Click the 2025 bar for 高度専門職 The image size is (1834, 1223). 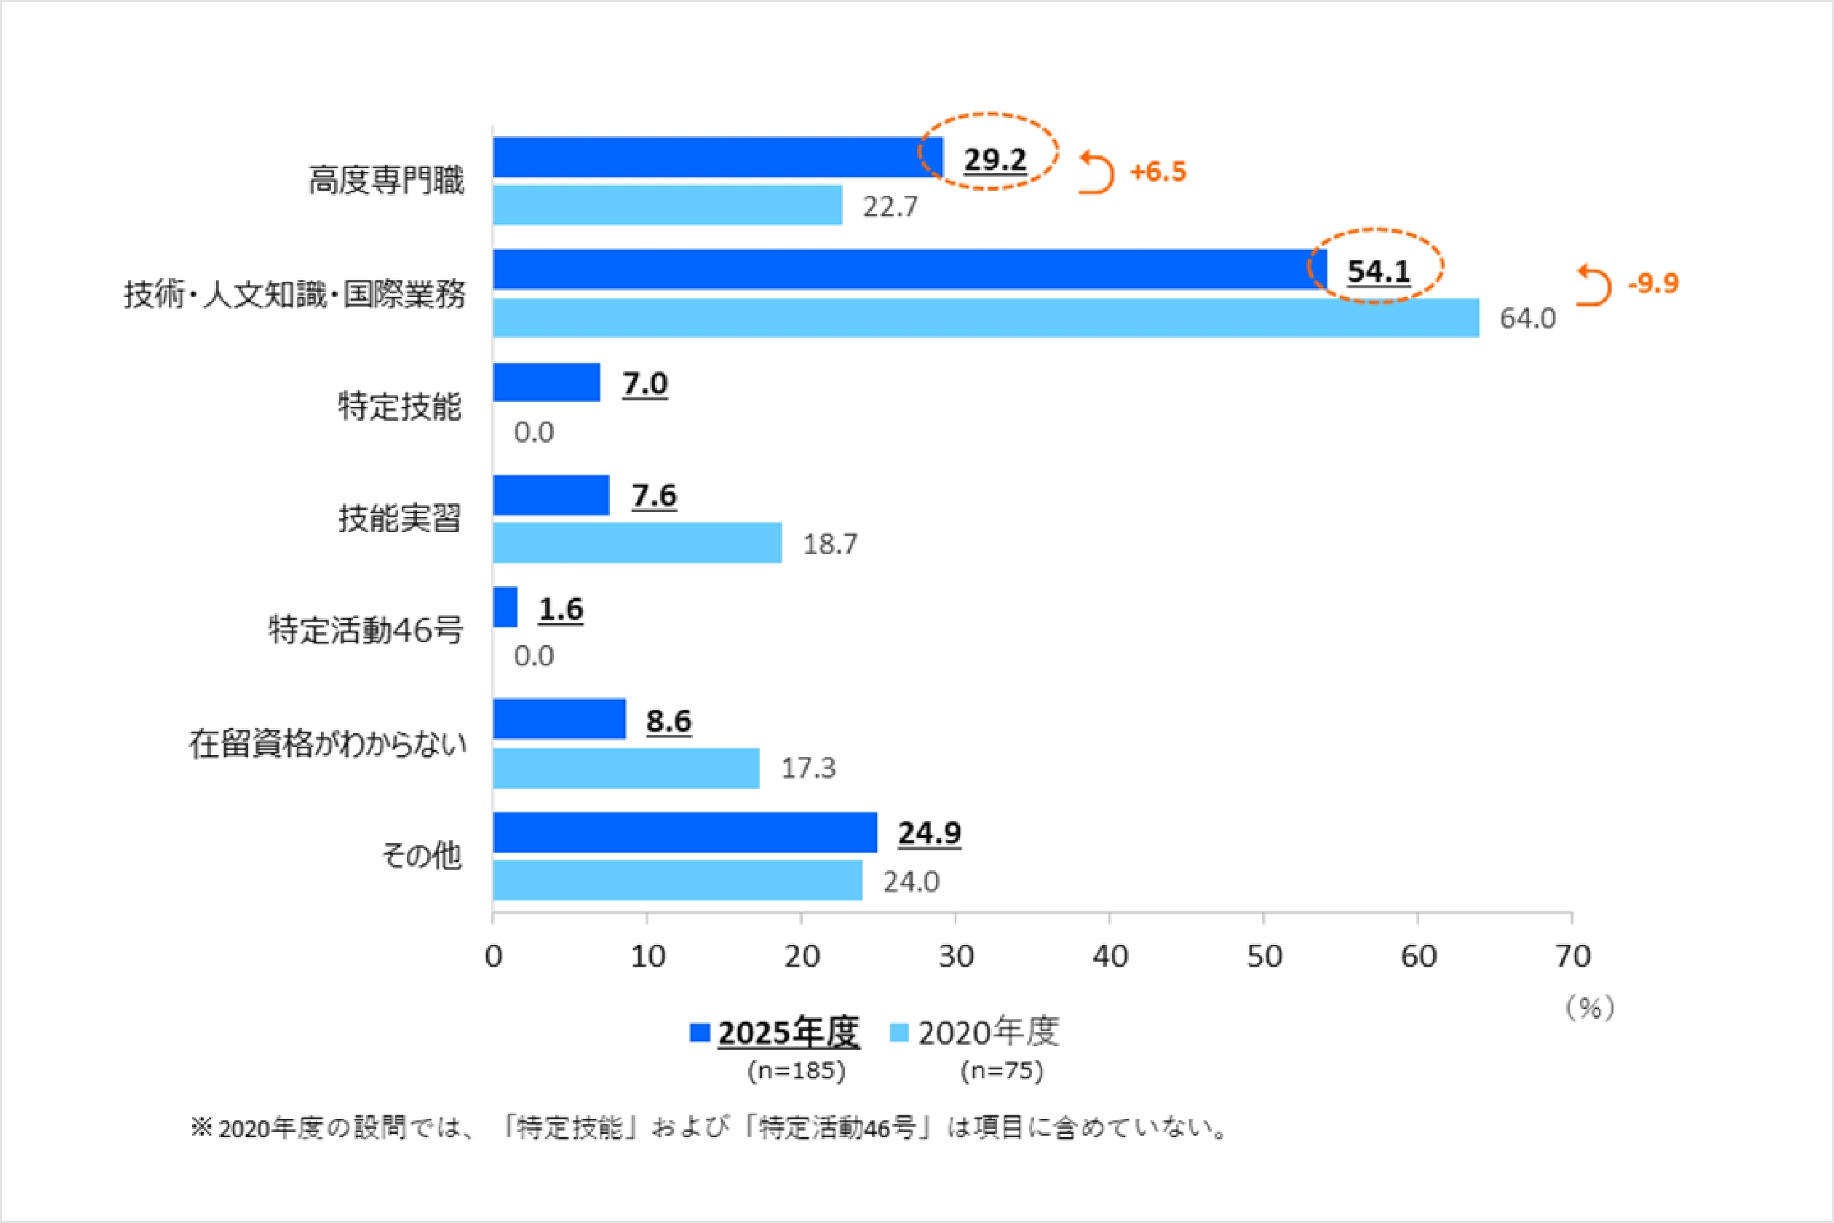pos(718,157)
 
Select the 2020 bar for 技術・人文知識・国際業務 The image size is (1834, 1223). pos(985,317)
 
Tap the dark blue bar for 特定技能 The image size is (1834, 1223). pos(546,382)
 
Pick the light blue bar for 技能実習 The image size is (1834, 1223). pos(637,543)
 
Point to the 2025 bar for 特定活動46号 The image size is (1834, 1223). pos(504,607)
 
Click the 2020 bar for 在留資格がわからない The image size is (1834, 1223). pos(625,768)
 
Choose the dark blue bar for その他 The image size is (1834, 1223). pos(685,832)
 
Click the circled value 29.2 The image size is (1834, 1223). pos(995,159)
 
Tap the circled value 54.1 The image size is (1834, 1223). pos(1378,272)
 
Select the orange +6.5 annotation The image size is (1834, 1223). pos(1158,172)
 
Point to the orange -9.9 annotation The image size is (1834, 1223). pos(1652,283)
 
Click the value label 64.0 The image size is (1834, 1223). pos(1528,318)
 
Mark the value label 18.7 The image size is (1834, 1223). pos(830,544)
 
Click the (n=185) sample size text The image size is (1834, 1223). pos(796,1071)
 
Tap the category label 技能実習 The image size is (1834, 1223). pos(400,518)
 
